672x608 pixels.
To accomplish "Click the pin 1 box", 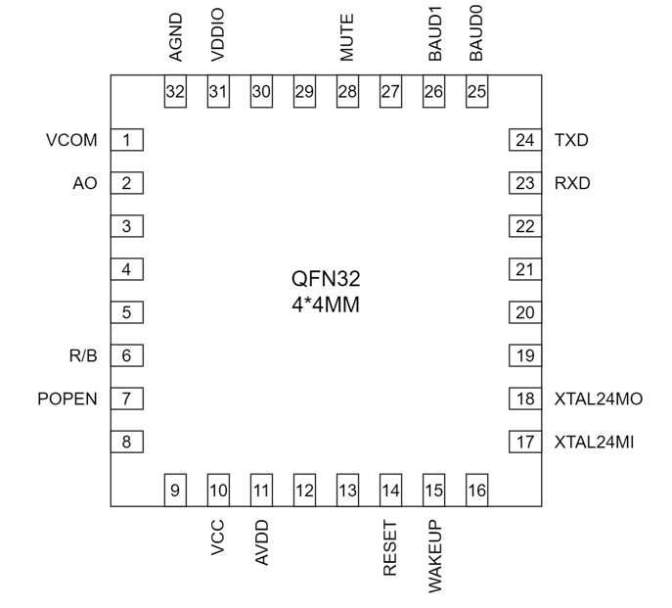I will click(x=127, y=140).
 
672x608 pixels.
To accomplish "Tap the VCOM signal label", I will click(x=71, y=140).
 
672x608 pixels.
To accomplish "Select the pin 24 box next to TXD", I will click(x=525, y=140).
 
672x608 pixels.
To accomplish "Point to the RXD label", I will click(x=572, y=183).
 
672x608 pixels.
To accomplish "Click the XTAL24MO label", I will click(x=598, y=398).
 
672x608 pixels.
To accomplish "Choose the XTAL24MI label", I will click(x=594, y=443).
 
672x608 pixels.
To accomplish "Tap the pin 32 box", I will click(x=175, y=92).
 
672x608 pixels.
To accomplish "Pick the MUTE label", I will click(x=347, y=38).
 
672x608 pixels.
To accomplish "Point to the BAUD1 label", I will click(x=434, y=37).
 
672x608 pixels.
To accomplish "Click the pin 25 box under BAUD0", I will click(x=476, y=92).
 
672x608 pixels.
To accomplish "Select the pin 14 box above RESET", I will click(x=391, y=491).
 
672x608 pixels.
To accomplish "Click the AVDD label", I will click(x=262, y=542).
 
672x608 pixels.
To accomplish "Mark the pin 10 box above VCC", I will click(x=218, y=491).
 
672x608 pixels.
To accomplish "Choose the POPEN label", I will click(x=67, y=398).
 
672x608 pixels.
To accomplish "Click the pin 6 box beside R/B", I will click(x=127, y=355).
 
